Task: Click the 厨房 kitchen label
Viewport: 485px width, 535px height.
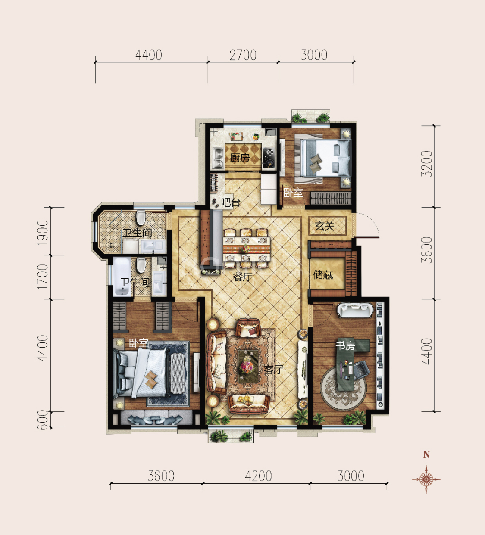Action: pyautogui.click(x=240, y=158)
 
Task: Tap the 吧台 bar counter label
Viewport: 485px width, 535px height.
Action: pyautogui.click(x=231, y=203)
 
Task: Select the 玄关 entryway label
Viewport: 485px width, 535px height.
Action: pyautogui.click(x=325, y=227)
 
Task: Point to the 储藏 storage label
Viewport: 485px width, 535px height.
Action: pyautogui.click(x=323, y=274)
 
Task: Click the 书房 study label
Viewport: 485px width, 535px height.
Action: pyautogui.click(x=345, y=345)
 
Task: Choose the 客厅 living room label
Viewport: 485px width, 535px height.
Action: pyautogui.click(x=273, y=370)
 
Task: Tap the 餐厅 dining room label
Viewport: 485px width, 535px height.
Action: pyautogui.click(x=242, y=277)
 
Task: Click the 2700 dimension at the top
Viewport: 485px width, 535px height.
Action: pyautogui.click(x=243, y=55)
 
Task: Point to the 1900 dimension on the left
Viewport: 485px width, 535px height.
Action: pyautogui.click(x=43, y=232)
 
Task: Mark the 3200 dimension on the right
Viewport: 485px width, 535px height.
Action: pyautogui.click(x=426, y=164)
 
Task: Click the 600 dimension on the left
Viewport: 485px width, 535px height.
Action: pyautogui.click(x=43, y=420)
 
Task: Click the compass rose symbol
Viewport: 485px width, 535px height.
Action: pyautogui.click(x=426, y=479)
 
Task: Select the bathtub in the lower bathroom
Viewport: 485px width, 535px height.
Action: pyautogui.click(x=122, y=277)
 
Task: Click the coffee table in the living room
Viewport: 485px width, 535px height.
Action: pyautogui.click(x=248, y=366)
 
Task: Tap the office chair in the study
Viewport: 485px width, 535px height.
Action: pyautogui.click(x=362, y=370)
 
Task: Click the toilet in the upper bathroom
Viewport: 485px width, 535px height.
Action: pyautogui.click(x=141, y=218)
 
